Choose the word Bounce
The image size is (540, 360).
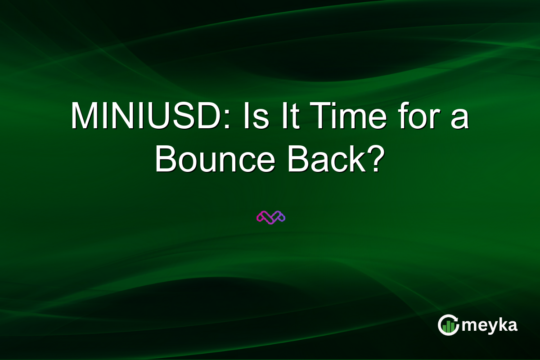pos(214,160)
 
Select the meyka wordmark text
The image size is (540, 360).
pos(489,325)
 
